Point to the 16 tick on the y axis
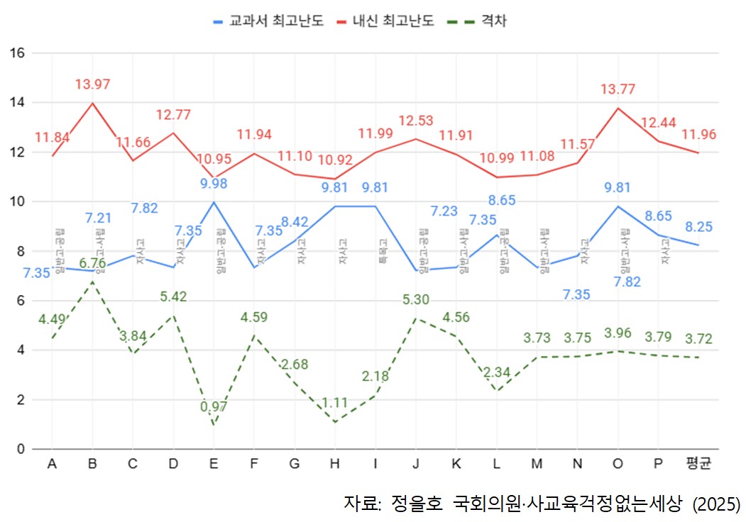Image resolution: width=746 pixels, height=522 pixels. pyautogui.click(x=17, y=53)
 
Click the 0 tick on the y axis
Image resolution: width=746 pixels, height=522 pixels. pyautogui.click(x=21, y=449)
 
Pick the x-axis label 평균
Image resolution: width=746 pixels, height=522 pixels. pyautogui.click(x=699, y=465)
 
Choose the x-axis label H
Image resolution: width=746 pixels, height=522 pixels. pyautogui.click(x=335, y=465)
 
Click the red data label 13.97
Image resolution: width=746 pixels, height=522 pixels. pyautogui.click(x=92, y=85)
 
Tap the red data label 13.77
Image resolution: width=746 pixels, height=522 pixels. pyautogui.click(x=618, y=89)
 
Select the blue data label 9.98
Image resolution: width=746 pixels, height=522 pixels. pyautogui.click(x=213, y=184)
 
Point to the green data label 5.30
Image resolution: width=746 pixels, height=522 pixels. pyautogui.click(x=416, y=300)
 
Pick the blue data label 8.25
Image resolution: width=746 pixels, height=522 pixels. pyautogui.click(x=699, y=227)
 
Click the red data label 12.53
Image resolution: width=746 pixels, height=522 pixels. pyautogui.click(x=416, y=121)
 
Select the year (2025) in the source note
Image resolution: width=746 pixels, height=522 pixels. pyautogui.click(x=717, y=504)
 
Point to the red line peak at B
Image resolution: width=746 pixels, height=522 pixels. pyautogui.click(x=92, y=104)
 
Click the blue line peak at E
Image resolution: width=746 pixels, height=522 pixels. pyautogui.click(x=214, y=202)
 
